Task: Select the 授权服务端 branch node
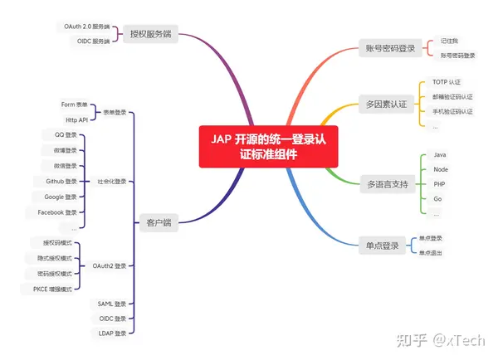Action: [x=153, y=34]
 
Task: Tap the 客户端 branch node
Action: [x=154, y=223]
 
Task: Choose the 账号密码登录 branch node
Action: [x=387, y=48]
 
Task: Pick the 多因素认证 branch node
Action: [x=387, y=105]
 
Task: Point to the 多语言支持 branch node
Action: [x=387, y=183]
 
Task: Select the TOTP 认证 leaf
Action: [x=446, y=83]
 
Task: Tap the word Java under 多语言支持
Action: [x=440, y=154]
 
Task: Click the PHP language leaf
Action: [x=440, y=184]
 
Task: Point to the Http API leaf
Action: [x=76, y=119]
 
